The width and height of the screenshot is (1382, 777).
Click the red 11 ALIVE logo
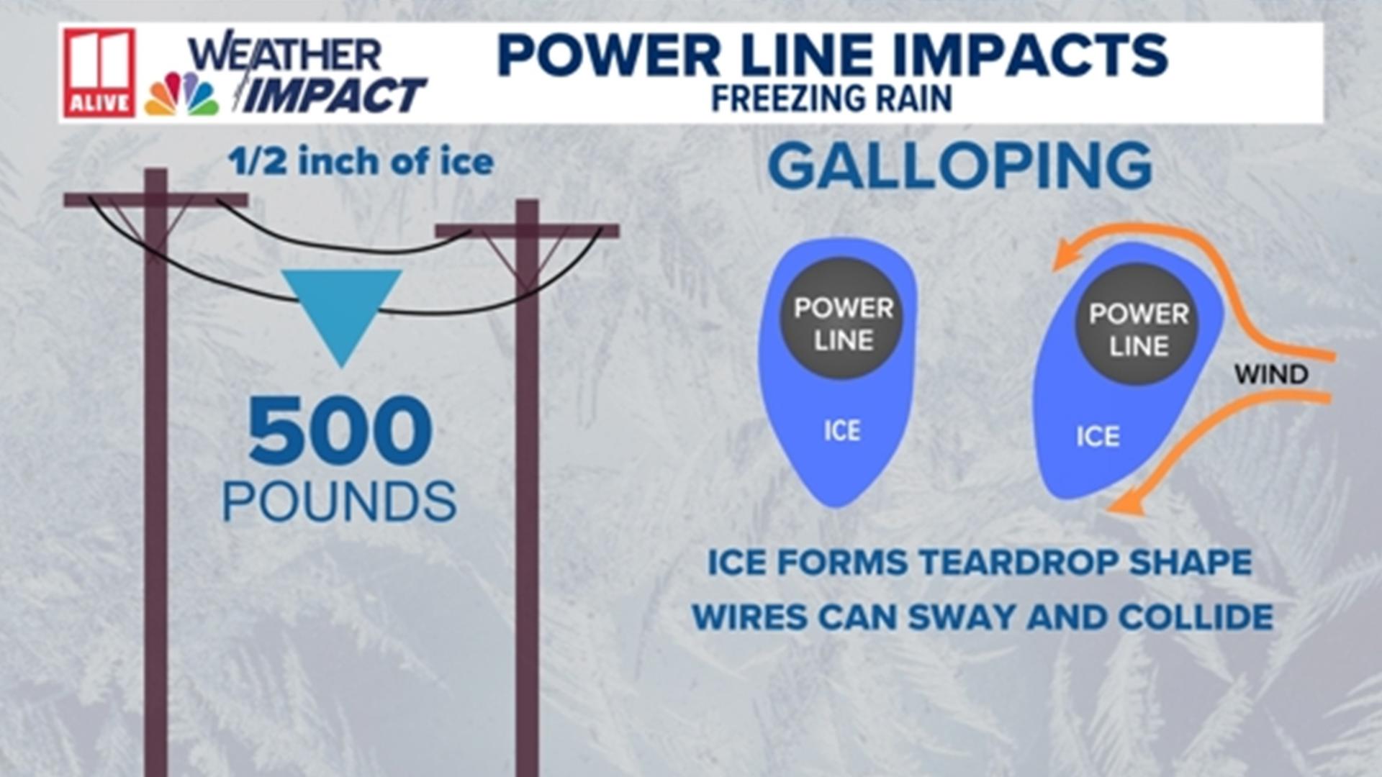point(99,73)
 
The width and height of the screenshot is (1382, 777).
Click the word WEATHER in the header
point(285,54)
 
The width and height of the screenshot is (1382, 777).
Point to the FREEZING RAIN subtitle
point(831,99)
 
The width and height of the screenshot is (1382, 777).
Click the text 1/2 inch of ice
point(361,162)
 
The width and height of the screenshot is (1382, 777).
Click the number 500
point(340,431)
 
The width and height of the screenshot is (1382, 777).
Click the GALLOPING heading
point(960,165)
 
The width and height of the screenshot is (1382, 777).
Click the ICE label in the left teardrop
point(841,431)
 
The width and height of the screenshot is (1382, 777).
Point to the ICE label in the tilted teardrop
point(1098,437)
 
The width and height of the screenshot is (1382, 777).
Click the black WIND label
point(1271,375)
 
